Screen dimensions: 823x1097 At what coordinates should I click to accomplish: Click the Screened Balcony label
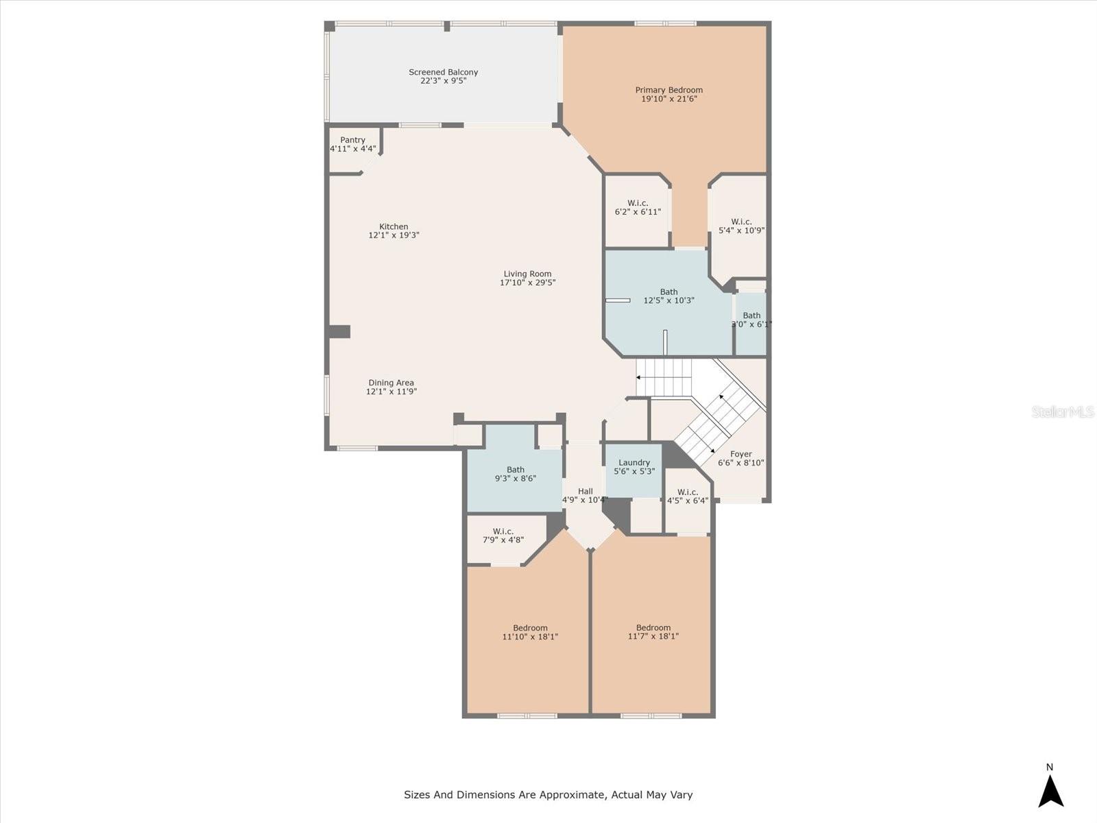click(x=443, y=72)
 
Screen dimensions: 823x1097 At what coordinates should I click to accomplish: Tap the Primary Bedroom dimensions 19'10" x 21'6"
click(x=668, y=99)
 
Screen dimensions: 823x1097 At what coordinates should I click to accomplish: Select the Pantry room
click(x=352, y=145)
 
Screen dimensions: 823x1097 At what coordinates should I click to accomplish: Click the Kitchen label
click(x=394, y=226)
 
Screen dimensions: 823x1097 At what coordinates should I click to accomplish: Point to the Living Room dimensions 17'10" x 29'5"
click(x=527, y=283)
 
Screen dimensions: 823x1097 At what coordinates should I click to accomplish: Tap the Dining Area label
click(x=391, y=383)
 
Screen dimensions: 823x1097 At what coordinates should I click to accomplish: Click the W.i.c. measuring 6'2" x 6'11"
click(x=638, y=208)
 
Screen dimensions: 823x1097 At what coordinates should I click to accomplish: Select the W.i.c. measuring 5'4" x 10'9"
click(x=741, y=226)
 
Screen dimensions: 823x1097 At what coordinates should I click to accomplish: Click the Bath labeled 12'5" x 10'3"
click(x=668, y=296)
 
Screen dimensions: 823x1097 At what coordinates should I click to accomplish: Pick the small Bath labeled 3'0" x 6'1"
click(x=751, y=320)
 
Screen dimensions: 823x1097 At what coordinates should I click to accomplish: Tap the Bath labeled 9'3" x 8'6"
click(x=515, y=475)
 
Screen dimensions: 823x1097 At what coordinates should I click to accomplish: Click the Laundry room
click(x=634, y=467)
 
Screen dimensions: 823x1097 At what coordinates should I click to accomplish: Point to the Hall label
click(x=585, y=491)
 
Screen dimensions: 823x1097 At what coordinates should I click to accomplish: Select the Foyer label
click(x=740, y=454)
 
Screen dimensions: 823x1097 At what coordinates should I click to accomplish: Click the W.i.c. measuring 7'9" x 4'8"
click(x=503, y=536)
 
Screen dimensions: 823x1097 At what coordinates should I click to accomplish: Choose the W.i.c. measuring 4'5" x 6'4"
click(x=687, y=497)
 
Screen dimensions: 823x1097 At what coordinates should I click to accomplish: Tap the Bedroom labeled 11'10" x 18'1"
click(x=530, y=632)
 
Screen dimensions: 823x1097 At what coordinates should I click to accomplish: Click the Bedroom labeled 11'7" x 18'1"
click(x=653, y=632)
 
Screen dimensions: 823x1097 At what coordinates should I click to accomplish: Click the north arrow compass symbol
click(x=1050, y=790)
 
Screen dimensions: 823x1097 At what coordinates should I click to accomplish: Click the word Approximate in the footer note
click(x=571, y=795)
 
